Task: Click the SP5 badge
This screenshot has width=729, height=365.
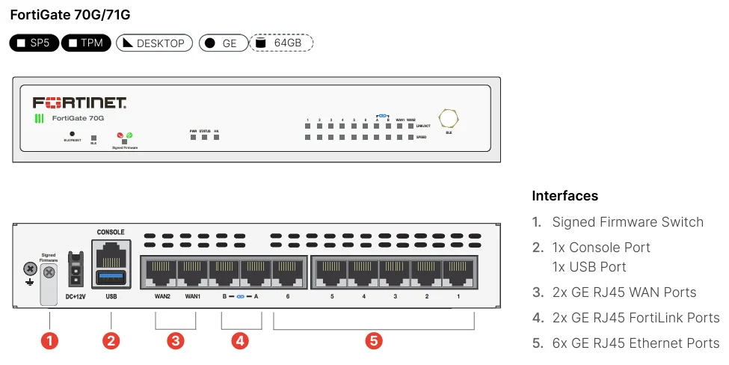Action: [34, 43]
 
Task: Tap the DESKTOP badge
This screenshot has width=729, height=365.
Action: [154, 43]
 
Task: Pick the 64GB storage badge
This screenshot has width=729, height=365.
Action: [281, 43]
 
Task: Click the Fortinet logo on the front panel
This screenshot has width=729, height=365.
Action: [79, 102]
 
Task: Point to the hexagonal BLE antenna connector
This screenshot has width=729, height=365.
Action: [449, 118]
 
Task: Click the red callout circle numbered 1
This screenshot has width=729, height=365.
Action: [49, 341]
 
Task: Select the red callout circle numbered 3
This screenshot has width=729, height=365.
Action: [175, 341]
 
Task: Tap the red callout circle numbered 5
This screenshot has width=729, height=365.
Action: [374, 341]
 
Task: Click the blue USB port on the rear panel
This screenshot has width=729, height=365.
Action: [111, 280]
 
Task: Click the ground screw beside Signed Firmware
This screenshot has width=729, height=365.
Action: [30, 269]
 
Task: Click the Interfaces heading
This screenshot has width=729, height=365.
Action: [565, 196]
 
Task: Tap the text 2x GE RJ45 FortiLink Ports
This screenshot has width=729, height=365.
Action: [636, 318]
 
